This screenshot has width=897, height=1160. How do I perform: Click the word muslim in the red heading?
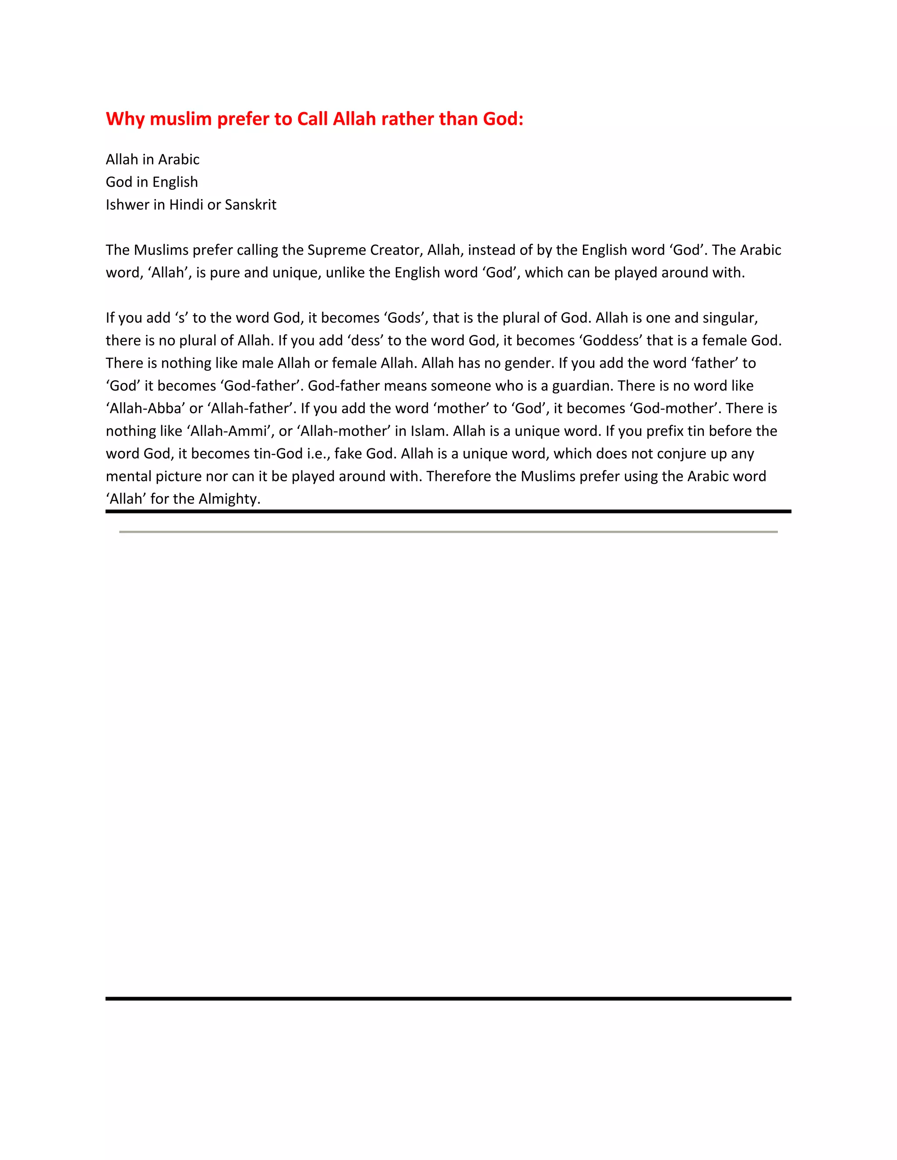181,119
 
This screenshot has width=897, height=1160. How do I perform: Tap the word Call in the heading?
312,119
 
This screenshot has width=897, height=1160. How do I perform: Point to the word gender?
529,363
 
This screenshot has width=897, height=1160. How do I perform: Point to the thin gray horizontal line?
448,532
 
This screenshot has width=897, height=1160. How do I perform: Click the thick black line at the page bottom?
448,998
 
